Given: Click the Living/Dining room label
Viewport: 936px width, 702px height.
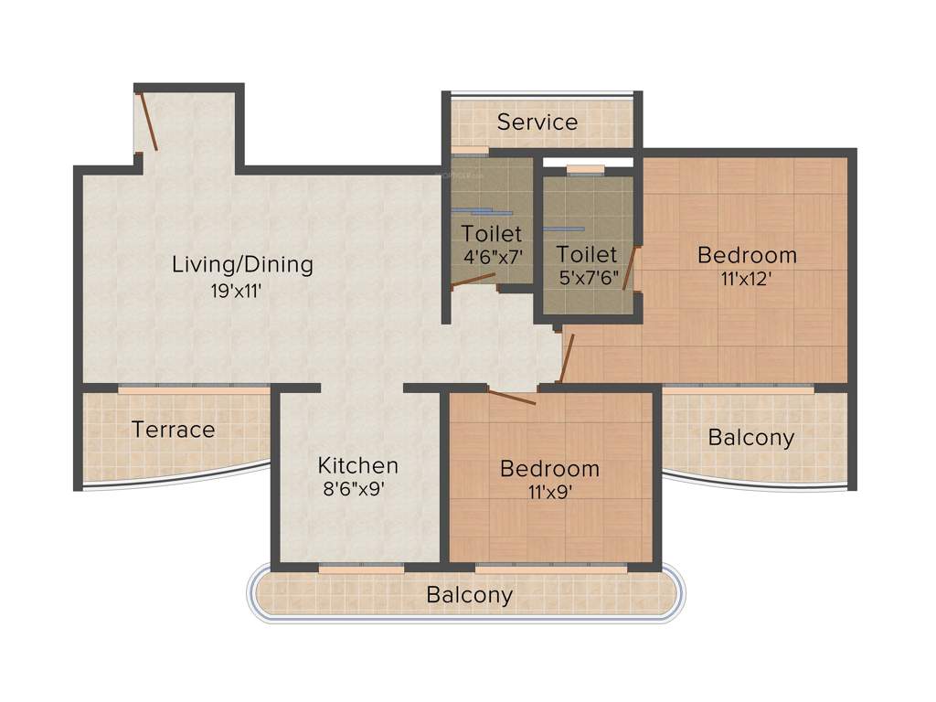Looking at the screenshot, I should click(x=242, y=265).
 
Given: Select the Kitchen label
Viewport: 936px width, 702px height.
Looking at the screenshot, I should click(x=357, y=464).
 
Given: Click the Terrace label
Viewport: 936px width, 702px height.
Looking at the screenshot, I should click(x=173, y=430).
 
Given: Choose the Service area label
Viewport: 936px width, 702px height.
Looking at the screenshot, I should click(x=537, y=122).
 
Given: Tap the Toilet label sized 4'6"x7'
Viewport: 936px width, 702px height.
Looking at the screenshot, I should click(x=492, y=234).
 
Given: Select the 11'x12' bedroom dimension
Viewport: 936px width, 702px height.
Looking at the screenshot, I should click(x=747, y=280).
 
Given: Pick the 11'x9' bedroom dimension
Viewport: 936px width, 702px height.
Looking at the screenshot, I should click(x=549, y=494).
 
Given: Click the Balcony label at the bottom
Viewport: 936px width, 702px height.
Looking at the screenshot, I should click(x=470, y=595).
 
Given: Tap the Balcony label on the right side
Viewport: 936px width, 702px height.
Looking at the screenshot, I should click(x=751, y=438).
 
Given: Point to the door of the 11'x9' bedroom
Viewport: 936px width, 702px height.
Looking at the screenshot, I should click(x=512, y=397).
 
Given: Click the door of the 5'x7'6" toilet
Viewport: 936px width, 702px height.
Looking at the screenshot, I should click(x=630, y=269).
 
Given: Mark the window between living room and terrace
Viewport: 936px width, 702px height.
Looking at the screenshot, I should click(x=194, y=389).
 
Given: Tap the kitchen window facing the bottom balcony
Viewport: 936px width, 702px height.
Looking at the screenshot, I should click(x=361, y=569).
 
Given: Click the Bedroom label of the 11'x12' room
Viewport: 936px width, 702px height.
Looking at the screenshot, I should click(x=747, y=254).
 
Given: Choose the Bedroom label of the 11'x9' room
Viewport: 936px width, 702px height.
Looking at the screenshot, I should click(x=549, y=469).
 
